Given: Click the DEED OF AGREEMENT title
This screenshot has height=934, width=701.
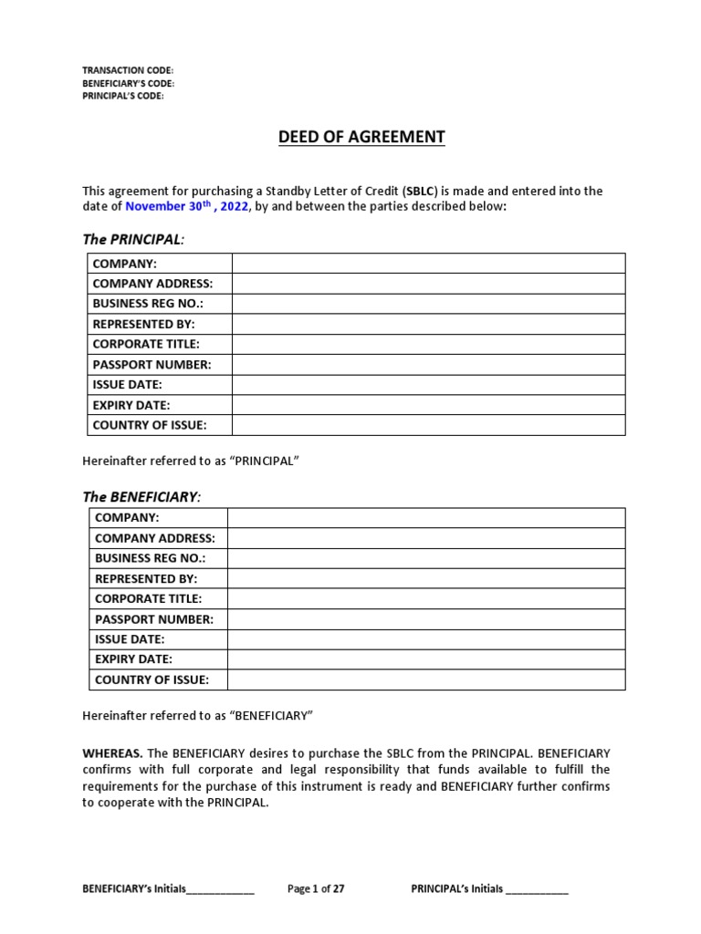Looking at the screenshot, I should [x=361, y=138].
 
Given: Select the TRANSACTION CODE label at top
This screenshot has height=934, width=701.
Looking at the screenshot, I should [x=127, y=70].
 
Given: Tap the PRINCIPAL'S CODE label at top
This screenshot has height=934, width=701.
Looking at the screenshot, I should [x=123, y=96].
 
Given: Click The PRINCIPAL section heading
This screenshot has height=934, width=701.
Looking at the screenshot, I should [x=133, y=239].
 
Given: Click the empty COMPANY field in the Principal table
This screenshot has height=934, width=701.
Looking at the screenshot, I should [x=428, y=264].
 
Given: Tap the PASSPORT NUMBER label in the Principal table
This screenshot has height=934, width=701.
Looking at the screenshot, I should [x=152, y=365].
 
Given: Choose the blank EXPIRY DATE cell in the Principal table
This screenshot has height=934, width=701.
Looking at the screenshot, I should [x=428, y=405].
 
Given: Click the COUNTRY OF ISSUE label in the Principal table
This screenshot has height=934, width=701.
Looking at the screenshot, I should [x=150, y=425].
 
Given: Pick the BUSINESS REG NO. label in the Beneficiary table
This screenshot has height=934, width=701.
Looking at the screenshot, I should [x=151, y=558].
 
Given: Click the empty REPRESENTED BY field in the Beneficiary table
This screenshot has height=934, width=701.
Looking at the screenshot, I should [x=426, y=578].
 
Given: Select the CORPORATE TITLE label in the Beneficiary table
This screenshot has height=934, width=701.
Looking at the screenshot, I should [x=149, y=598].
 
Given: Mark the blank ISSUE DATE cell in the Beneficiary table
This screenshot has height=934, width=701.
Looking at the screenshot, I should [x=426, y=639].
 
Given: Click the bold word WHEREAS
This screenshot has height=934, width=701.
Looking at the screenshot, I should [x=112, y=753].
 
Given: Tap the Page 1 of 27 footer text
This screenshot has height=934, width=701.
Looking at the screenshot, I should [x=316, y=888].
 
